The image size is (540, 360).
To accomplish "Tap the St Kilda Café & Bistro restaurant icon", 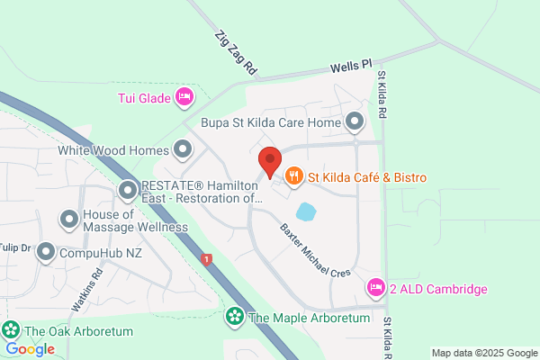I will pos(293,177).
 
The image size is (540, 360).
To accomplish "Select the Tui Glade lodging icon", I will pos(184,96).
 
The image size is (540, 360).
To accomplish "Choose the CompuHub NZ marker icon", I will pos(46,253).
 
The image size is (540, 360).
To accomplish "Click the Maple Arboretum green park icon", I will pos(234,317).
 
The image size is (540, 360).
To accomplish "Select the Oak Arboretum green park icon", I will pos(12,330).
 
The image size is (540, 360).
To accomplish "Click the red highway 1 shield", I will pos(208,259).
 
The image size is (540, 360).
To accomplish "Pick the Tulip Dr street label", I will pos(14,247).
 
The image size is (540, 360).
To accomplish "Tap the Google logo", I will pos(30,348).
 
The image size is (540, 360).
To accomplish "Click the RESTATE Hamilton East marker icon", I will pos(128,190).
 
